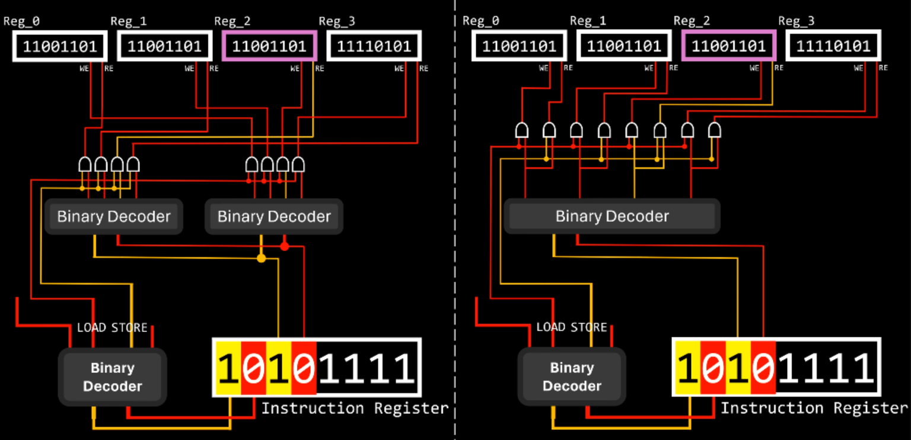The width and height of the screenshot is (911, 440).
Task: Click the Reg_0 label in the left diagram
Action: click(x=22, y=21)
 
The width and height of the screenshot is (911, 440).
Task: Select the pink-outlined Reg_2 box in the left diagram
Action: click(x=269, y=46)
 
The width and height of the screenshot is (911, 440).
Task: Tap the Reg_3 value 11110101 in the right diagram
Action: click(x=833, y=46)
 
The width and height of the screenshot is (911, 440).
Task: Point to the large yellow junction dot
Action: click(x=261, y=258)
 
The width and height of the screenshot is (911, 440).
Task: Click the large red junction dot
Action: click(x=285, y=245)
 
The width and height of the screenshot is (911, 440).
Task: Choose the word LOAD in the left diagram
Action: click(x=91, y=327)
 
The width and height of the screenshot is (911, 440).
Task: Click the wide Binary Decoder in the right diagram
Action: click(x=611, y=216)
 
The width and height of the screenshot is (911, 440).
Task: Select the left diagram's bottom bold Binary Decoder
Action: click(x=112, y=377)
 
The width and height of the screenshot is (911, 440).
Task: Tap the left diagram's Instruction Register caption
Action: click(x=355, y=409)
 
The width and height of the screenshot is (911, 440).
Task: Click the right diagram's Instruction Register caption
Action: click(x=814, y=409)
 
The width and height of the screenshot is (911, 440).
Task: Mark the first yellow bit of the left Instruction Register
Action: click(x=228, y=368)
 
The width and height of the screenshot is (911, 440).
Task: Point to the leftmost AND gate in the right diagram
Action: click(x=522, y=130)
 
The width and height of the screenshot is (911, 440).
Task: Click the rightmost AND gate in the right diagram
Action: click(x=715, y=130)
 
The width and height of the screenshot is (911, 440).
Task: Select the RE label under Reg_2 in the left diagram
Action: click(x=320, y=68)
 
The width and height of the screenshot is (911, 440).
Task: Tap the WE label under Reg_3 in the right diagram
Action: click(x=858, y=68)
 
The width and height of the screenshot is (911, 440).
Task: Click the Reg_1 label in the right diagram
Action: click(x=588, y=21)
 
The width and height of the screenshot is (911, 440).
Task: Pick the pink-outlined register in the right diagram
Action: click(x=728, y=46)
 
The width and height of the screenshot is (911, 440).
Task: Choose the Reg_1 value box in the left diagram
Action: click(x=164, y=46)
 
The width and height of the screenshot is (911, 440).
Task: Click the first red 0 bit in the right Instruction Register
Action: click(x=713, y=368)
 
